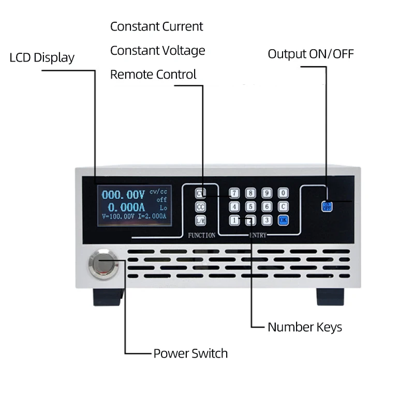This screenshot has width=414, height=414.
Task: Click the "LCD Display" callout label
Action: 42,57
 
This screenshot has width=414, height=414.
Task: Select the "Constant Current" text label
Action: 156,26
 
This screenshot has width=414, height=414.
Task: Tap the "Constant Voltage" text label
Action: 157,51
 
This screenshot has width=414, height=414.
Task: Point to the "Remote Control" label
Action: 153,75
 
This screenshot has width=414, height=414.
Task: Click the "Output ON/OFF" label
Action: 310,54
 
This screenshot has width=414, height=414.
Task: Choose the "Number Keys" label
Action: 304,327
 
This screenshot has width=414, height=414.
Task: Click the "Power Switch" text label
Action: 190,354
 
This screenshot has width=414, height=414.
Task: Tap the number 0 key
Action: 283,194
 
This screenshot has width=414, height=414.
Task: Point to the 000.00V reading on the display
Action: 123,195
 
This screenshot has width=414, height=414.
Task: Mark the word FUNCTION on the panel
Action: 201,235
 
